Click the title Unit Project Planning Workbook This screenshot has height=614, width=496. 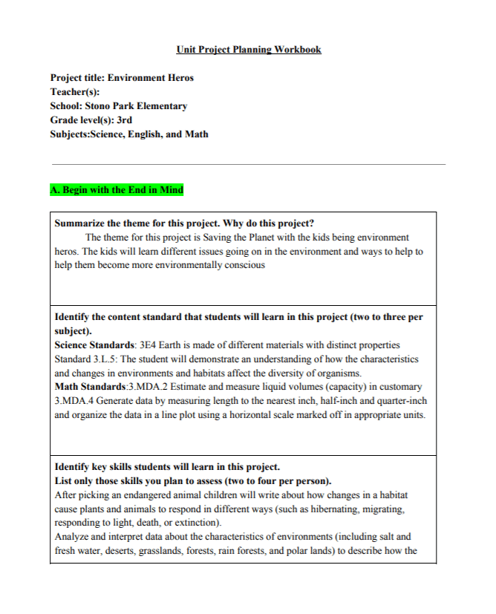249,50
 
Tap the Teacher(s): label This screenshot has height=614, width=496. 75,91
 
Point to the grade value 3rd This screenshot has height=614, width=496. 124,120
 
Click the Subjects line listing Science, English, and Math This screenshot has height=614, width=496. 129,134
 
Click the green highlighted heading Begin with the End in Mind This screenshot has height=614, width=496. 117,190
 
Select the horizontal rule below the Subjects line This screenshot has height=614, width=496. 248,164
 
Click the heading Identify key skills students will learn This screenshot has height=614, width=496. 167,467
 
